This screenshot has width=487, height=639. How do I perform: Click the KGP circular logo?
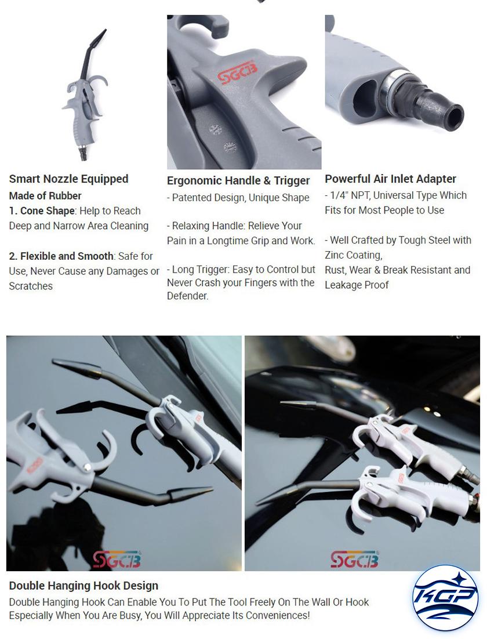pos(445,597)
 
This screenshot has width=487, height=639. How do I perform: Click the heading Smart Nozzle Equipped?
pos(68,179)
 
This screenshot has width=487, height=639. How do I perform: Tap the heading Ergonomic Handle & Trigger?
pos(238,180)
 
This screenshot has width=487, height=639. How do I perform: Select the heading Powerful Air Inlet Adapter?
pos(390,179)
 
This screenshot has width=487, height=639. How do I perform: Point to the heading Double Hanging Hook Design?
pos(83,586)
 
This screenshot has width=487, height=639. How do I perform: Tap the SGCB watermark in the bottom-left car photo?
pos(117,559)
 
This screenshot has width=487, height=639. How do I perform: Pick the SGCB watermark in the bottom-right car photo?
pos(354,559)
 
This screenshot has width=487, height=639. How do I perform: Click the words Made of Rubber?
pos(45,195)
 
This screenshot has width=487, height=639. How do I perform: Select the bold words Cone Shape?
pos(48,211)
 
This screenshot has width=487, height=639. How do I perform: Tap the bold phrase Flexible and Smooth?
pos(67,256)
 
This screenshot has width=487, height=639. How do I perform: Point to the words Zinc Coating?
pos(353,256)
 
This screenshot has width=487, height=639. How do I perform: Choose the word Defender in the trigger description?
pos(187,296)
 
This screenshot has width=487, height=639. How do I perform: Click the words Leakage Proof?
pos(357,285)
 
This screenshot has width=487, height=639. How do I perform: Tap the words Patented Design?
pos(208,198)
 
